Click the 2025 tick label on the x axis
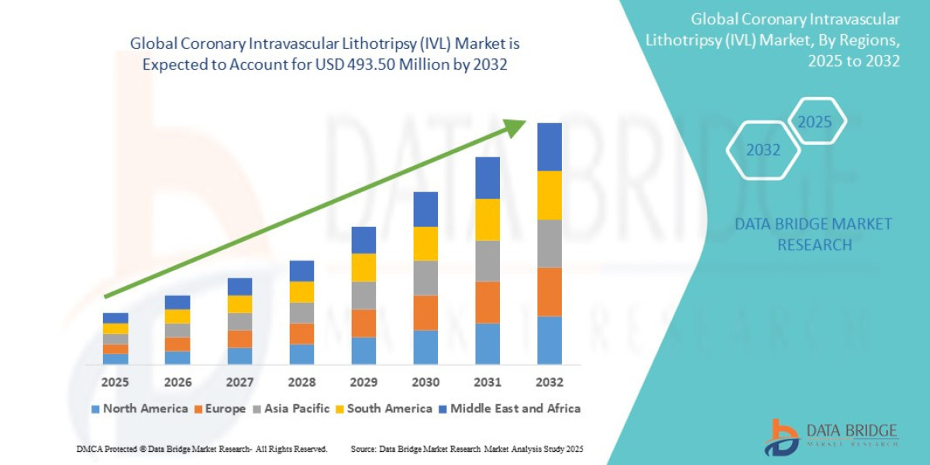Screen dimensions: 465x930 pyautogui.click(x=115, y=382)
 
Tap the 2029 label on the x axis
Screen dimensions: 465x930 pyautogui.click(x=363, y=382)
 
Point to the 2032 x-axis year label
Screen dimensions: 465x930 pyautogui.click(x=549, y=382)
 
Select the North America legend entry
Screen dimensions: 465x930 pyautogui.click(x=139, y=408)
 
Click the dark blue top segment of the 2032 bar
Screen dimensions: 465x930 pyautogui.click(x=549, y=146)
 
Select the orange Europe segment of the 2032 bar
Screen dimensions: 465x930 pyautogui.click(x=549, y=291)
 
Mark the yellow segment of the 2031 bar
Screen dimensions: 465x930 pyautogui.click(x=487, y=219)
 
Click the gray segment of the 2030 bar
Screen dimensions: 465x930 pyautogui.click(x=425, y=277)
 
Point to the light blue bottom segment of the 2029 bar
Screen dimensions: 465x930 pyautogui.click(x=363, y=350)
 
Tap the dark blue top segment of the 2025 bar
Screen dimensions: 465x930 pyautogui.click(x=115, y=318)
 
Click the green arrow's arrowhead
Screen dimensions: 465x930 pyautogui.click(x=515, y=128)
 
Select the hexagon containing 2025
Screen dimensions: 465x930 pyautogui.click(x=815, y=122)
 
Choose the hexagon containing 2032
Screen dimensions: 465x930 pyautogui.click(x=763, y=150)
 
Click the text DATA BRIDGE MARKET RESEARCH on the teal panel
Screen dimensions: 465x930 pyautogui.click(x=813, y=234)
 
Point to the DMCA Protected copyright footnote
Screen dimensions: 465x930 pyautogui.click(x=202, y=449)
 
